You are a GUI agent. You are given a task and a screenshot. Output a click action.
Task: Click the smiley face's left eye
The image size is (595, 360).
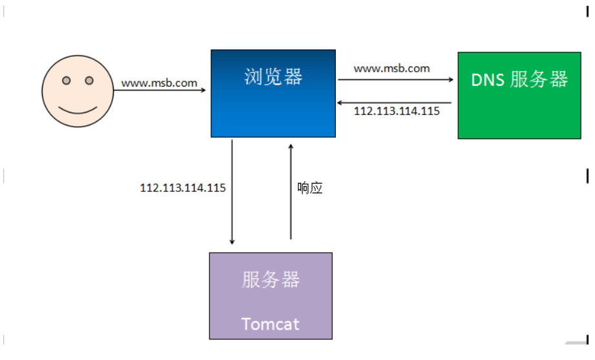67,81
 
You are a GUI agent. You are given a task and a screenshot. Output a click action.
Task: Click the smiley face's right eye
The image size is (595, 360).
89,81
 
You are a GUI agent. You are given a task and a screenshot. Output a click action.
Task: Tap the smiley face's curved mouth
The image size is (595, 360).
78,110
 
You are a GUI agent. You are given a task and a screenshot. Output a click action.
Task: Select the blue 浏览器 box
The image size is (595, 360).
273,94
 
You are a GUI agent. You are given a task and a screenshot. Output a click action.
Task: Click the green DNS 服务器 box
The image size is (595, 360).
519,95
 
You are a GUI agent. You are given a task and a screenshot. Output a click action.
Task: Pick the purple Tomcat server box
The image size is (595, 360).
271,296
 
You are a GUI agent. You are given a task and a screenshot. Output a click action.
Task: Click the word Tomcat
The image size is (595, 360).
270,324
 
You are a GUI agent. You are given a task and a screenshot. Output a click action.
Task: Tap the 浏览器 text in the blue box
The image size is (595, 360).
273,77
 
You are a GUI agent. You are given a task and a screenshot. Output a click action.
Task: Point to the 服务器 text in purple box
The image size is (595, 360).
271,279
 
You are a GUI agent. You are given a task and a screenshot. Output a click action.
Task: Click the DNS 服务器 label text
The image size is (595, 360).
519,79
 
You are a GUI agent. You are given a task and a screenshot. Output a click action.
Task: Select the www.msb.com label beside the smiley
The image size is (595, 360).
160,83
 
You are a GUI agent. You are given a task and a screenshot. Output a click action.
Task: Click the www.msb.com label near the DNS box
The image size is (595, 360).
391,69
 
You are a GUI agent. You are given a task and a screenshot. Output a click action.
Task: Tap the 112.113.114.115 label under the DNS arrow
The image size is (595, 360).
397,111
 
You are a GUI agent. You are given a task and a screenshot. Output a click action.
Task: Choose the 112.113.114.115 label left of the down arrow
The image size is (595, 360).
183,188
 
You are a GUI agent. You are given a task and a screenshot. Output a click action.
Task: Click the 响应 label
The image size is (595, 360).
309,188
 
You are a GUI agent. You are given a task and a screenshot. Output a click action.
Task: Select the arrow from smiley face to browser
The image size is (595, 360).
160,90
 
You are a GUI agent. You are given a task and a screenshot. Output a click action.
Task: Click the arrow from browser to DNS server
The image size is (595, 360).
396,79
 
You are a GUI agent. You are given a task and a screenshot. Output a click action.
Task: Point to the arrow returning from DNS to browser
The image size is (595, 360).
394,103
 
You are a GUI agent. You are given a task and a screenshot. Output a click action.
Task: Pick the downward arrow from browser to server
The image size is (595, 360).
232,192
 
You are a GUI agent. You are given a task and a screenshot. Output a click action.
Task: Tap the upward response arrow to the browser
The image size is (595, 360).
291,191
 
